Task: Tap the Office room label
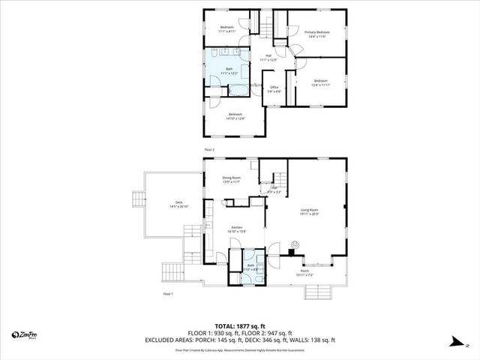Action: (274, 90)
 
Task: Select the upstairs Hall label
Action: (268, 58)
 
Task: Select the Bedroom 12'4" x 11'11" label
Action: (320, 82)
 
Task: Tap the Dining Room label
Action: (231, 180)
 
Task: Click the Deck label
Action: (178, 204)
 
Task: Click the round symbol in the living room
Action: (295, 243)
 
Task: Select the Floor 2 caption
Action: (210, 150)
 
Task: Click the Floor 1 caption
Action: (168, 294)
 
